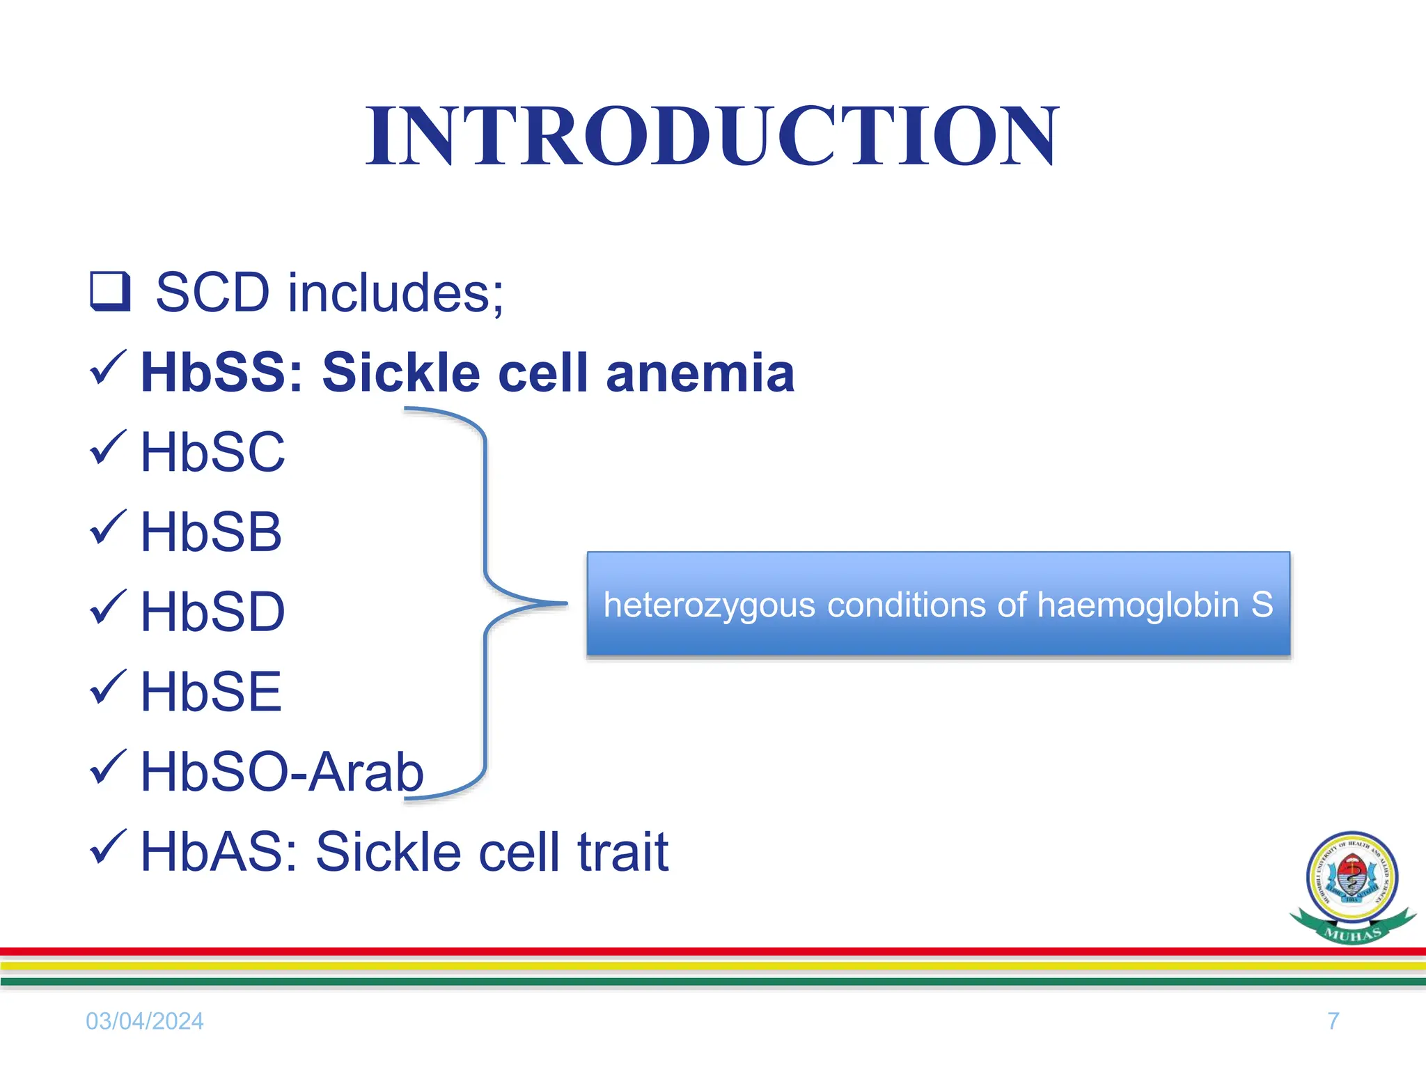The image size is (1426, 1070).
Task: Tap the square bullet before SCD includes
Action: (110, 292)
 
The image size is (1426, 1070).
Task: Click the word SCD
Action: (212, 293)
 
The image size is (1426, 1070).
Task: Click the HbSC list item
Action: (212, 453)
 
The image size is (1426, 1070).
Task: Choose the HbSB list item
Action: (211, 533)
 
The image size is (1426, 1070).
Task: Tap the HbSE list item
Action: (211, 692)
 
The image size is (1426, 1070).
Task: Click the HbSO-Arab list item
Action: (282, 773)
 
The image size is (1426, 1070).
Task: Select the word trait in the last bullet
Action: (623, 853)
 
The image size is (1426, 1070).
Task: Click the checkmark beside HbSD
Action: (108, 607)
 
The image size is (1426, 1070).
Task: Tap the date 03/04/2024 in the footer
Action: (144, 1021)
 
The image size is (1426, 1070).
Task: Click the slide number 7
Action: (1333, 1021)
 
